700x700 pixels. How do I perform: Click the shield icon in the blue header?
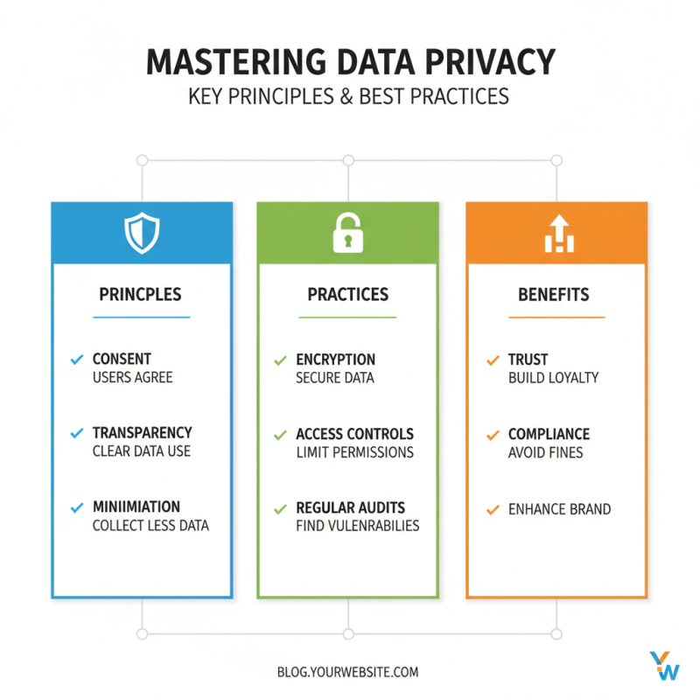[142, 233]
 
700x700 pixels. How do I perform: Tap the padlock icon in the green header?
[347, 233]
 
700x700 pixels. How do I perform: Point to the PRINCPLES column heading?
[142, 295]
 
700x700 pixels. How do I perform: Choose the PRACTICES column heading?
[347, 295]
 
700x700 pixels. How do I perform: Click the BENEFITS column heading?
[554, 295]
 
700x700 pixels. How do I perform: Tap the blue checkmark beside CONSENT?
[76, 359]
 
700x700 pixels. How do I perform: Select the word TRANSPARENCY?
[142, 433]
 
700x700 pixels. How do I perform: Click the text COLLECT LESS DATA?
[150, 526]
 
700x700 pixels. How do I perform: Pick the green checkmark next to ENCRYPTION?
[280, 360]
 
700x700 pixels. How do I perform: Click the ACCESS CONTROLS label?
[354, 434]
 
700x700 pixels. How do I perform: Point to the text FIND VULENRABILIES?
[357, 526]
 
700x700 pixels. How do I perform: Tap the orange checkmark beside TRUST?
[492, 360]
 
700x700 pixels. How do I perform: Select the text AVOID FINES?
[545, 452]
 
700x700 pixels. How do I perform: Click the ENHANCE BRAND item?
[559, 508]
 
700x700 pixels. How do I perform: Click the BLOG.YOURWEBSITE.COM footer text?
[347, 672]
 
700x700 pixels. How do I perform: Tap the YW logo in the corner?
[664, 665]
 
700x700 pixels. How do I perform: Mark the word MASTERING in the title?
[232, 63]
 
